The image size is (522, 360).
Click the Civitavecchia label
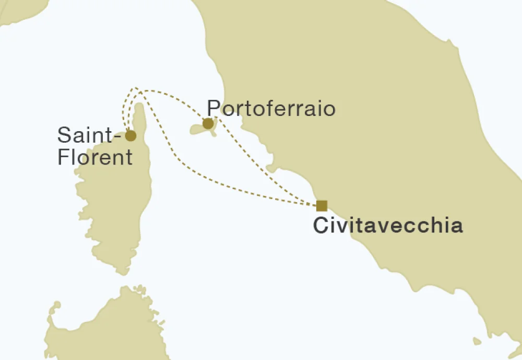[387, 226]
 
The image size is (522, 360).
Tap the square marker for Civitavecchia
[322, 205]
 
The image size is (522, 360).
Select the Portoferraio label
[271, 109]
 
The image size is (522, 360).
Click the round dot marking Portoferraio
[208, 124]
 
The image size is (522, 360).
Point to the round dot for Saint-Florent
[130, 136]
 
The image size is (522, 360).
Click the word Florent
[95, 157]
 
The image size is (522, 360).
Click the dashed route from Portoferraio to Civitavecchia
[266, 162]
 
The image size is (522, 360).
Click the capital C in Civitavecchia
[319, 226]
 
